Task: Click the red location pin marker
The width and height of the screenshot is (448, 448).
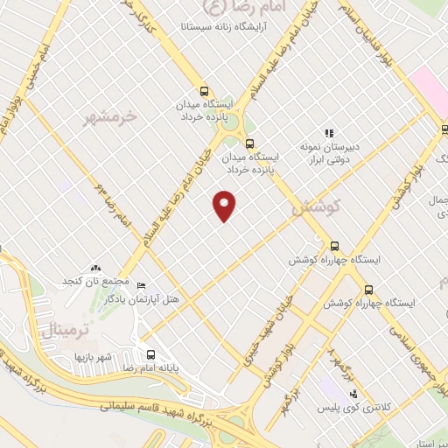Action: tap(225, 206)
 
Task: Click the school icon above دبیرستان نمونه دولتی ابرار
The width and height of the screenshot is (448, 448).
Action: tap(329, 133)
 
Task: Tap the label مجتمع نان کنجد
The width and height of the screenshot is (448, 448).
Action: tap(95, 282)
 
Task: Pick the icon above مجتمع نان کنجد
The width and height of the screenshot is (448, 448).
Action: tap(96, 267)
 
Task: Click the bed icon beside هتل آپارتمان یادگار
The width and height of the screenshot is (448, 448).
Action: tap(142, 284)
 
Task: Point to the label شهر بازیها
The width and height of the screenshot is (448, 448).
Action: tap(94, 356)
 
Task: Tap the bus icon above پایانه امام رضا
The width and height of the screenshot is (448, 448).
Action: tap(151, 355)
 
